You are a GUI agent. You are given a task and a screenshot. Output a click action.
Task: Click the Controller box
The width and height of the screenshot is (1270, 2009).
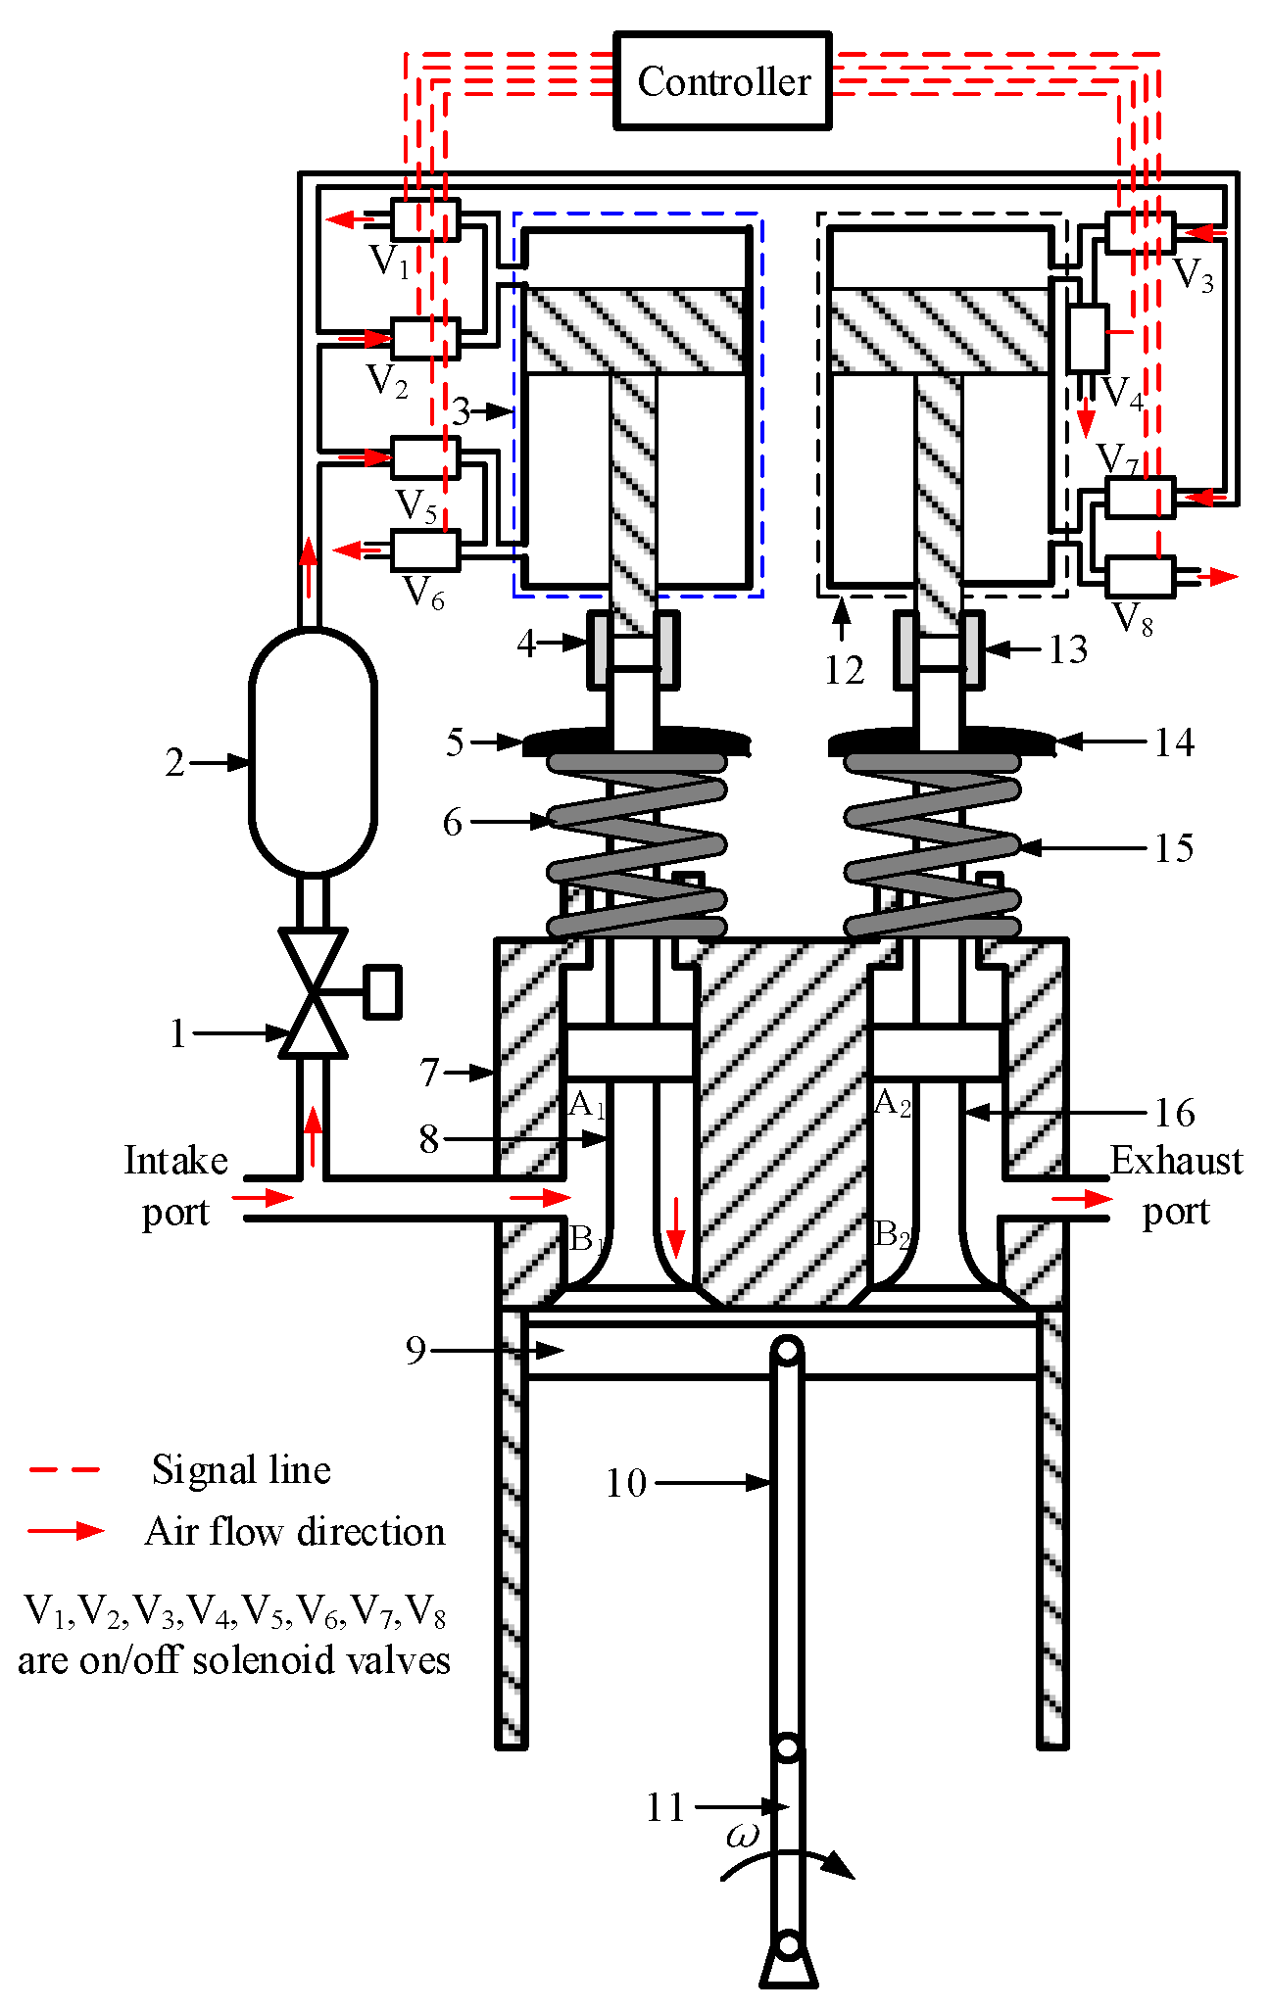(723, 81)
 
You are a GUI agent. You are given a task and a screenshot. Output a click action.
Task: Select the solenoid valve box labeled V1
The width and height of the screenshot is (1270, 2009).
(424, 219)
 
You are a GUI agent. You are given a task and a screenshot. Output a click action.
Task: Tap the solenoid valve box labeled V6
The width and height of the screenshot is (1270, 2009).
(424, 550)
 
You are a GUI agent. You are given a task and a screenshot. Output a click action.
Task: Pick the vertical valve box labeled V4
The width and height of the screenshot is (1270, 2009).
(1088, 338)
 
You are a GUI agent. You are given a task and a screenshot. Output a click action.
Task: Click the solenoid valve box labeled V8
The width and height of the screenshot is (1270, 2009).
(1140, 577)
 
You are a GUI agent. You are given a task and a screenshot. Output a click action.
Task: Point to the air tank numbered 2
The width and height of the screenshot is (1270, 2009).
(313, 752)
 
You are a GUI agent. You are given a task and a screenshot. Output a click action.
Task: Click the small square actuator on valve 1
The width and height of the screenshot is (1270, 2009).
(382, 991)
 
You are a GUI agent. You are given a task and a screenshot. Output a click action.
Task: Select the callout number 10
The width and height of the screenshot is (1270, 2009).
(626, 1483)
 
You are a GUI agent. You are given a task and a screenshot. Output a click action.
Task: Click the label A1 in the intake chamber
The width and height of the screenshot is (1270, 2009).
(586, 1105)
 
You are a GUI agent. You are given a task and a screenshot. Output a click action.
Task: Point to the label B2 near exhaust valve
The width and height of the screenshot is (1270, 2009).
(892, 1235)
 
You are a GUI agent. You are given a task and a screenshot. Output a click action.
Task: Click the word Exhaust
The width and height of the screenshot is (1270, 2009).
(1175, 1161)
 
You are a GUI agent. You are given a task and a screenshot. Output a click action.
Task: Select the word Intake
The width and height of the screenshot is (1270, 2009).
(175, 1161)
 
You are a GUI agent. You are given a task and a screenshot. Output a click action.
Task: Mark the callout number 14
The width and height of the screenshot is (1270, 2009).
(1174, 742)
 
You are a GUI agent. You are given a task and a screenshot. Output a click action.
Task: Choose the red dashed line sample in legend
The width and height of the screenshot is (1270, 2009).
(65, 1470)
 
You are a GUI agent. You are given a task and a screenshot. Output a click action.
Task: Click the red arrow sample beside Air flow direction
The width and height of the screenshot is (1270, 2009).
(65, 1530)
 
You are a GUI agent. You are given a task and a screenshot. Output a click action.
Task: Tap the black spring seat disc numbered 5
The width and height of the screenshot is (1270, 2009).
(637, 741)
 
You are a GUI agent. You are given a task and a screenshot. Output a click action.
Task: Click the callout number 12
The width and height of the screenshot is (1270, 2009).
(844, 671)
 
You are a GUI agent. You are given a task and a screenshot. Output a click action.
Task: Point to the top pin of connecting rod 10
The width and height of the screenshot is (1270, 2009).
(787, 1353)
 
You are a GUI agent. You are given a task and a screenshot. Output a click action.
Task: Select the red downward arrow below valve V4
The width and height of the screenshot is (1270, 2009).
(1086, 419)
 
